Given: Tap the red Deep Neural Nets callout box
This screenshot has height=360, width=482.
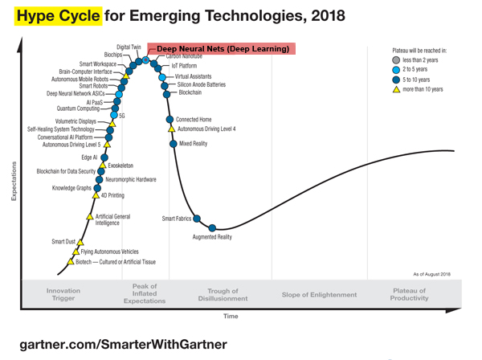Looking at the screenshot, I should tap(222, 49).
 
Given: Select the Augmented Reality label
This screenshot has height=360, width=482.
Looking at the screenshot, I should tap(212, 237).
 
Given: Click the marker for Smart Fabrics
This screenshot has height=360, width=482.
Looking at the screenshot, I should tap(197, 219).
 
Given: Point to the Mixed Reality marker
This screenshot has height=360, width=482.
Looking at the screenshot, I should tap(173, 144).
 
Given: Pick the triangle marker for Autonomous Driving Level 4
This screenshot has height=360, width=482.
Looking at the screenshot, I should tap(170, 129).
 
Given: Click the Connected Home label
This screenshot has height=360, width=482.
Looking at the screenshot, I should tap(194, 120).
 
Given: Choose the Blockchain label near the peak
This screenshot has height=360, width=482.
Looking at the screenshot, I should tap(190, 93).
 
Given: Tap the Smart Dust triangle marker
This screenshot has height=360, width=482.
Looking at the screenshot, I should tap(81, 241).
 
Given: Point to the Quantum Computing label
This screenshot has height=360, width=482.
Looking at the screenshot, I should tap(78, 108).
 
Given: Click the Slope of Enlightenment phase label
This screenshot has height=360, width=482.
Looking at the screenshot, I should tap(319, 295).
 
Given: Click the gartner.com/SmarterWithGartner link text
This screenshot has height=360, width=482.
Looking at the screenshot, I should tap(117, 344).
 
